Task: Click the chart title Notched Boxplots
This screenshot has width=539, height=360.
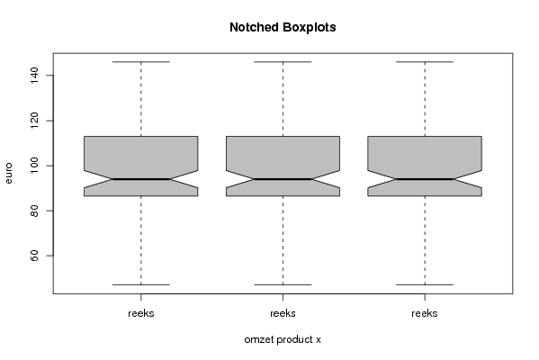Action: tap(283, 27)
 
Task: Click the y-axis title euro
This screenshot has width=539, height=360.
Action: tap(8, 174)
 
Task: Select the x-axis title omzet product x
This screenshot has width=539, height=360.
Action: tap(283, 339)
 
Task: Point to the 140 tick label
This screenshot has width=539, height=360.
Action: tap(34, 76)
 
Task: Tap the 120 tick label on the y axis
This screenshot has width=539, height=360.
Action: tap(34, 121)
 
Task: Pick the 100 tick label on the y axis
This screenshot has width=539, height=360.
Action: tap(34, 166)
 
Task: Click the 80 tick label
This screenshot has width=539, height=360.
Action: tap(34, 211)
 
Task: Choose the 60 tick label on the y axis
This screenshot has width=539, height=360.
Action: tap(34, 256)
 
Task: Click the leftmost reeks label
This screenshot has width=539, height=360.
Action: tap(141, 313)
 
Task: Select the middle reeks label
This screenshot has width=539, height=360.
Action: tap(283, 313)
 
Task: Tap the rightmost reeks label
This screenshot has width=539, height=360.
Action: tap(425, 313)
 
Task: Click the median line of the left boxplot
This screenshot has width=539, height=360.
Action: tap(141, 179)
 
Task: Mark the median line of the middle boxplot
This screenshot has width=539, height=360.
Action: tap(283, 179)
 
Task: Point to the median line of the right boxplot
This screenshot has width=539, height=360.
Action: tap(425, 179)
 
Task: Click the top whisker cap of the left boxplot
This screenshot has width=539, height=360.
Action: tap(141, 62)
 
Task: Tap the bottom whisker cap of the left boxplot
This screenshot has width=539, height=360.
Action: tap(141, 284)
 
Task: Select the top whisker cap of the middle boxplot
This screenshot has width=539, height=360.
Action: tap(283, 62)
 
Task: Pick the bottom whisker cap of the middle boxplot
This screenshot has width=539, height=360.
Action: tap(283, 284)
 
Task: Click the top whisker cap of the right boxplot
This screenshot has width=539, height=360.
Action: tap(425, 62)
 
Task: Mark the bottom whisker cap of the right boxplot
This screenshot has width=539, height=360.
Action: tap(425, 284)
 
